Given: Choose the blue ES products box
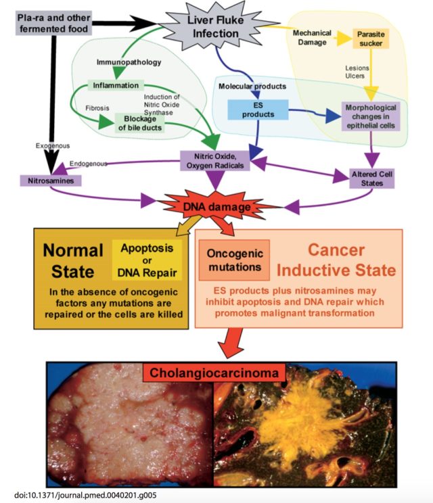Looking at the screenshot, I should pos(258,110).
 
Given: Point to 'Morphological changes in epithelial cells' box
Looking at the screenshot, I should pos(370,117).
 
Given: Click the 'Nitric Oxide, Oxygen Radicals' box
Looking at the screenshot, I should pos(216,160).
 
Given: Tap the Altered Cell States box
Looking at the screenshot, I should pos(371,178).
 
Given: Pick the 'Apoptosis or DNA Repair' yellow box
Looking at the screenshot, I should pos(147,260).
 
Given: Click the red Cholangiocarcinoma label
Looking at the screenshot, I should pos(216,373).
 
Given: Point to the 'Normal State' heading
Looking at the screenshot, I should pos(72,260).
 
